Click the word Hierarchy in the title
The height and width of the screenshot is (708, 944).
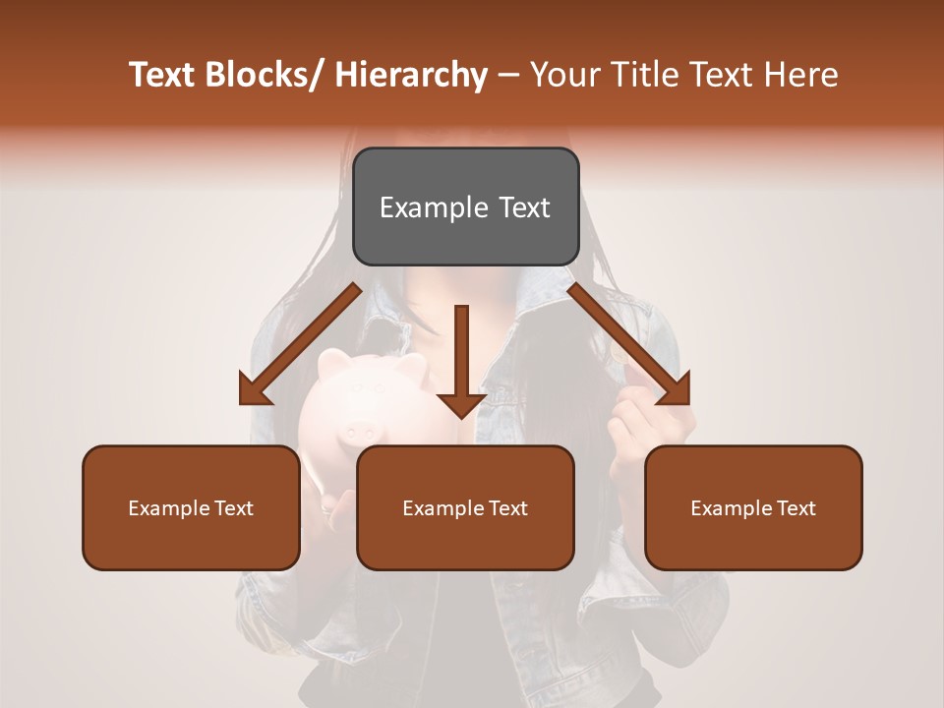[410, 76]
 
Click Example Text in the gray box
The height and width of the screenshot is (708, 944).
[465, 207]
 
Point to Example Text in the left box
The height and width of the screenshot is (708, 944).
[191, 508]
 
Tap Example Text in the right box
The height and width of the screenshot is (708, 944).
[753, 508]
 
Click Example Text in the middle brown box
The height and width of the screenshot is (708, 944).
[465, 508]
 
